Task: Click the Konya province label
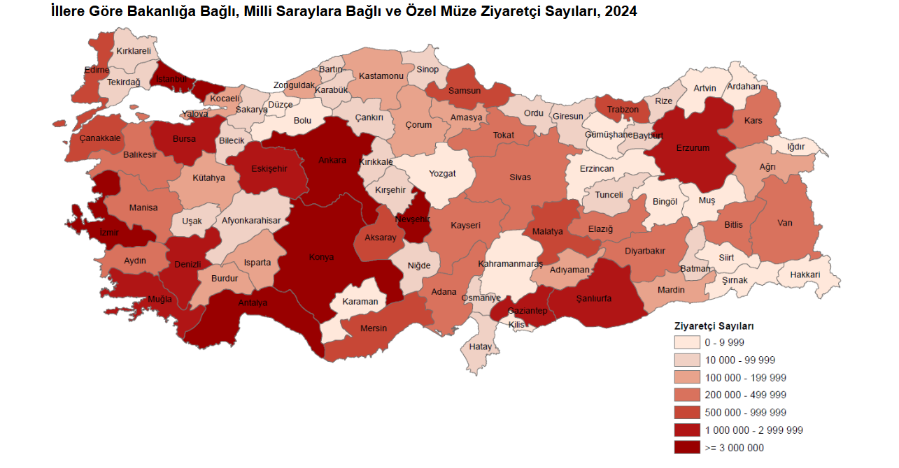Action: (x=321, y=257)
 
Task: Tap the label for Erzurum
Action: (x=693, y=148)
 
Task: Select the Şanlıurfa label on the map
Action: (x=593, y=298)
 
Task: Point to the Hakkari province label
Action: (x=805, y=275)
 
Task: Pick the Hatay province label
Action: (x=480, y=346)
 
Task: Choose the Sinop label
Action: (x=427, y=69)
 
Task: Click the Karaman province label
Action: (x=360, y=302)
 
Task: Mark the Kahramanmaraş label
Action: (x=510, y=264)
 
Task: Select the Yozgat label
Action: (x=442, y=173)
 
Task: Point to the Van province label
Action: (x=784, y=223)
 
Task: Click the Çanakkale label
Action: (x=100, y=138)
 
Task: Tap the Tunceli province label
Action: (x=609, y=195)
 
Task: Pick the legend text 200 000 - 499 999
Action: (x=745, y=395)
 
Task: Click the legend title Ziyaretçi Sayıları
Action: (x=713, y=326)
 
